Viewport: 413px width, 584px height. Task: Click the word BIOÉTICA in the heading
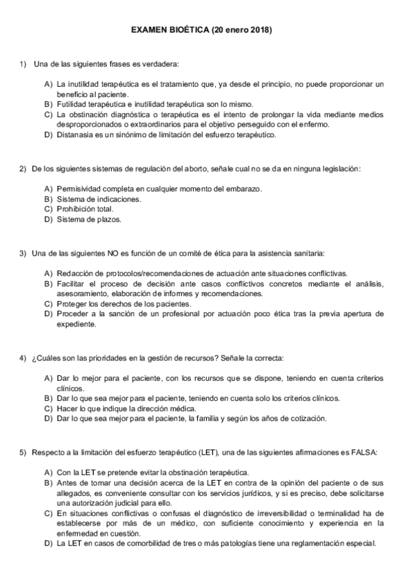point(185,30)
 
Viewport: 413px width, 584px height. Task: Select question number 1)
point(23,64)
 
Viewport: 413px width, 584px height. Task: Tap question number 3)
point(23,253)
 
